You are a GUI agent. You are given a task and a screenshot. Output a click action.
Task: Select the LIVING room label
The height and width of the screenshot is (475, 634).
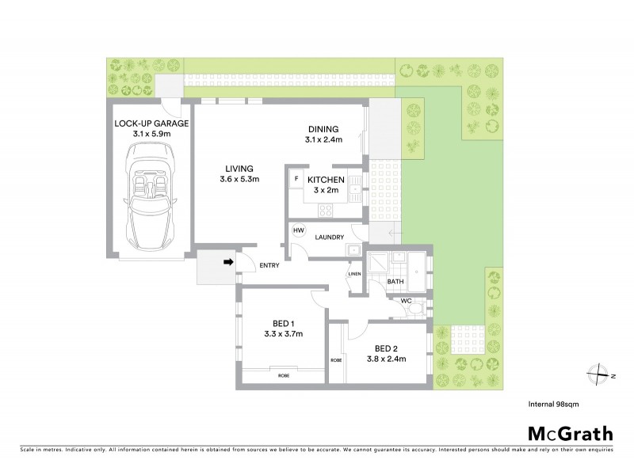(239, 169)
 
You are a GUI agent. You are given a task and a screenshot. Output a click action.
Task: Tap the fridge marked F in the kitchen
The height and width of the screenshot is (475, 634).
(296, 179)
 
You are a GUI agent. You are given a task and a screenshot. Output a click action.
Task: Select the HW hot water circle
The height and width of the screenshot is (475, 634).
(299, 230)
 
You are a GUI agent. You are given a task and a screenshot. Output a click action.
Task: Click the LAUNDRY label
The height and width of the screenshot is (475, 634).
(330, 237)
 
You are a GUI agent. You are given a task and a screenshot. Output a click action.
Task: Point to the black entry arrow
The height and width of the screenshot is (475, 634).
(228, 263)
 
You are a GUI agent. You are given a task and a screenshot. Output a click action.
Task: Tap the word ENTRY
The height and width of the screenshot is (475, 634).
(269, 265)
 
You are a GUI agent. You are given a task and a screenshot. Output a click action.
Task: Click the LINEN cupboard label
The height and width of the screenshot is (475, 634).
(354, 274)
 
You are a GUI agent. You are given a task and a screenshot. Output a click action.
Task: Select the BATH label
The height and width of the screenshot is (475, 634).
(396, 281)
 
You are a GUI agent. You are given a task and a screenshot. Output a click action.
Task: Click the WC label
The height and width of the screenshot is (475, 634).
(405, 302)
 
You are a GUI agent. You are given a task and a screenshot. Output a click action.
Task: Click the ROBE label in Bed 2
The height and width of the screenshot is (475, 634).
(337, 360)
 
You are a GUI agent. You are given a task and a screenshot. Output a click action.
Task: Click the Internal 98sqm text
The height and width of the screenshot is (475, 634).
(552, 404)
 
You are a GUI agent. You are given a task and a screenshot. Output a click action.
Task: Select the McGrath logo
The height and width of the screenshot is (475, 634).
(570, 433)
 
